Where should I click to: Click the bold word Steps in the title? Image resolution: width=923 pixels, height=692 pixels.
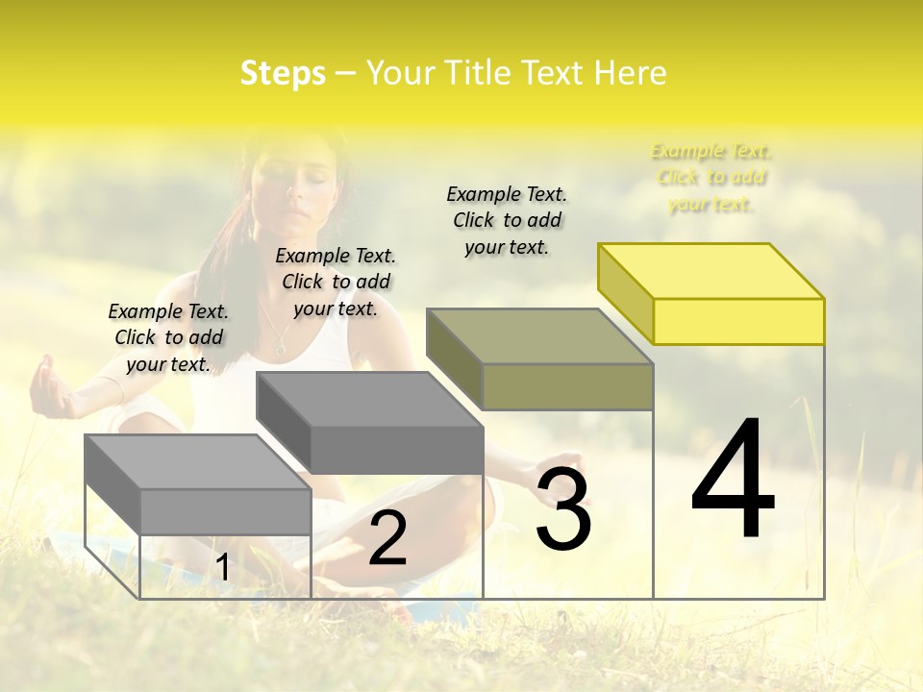pos(283,73)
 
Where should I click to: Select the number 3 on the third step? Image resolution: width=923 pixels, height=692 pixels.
pos(562,508)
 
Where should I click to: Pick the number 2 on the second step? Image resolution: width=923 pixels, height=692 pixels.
pos(387,537)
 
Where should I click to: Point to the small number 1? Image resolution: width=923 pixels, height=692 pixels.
pos(223,567)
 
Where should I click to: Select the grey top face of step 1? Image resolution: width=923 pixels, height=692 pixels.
pos(198,461)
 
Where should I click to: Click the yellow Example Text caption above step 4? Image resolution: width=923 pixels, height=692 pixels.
pos(711,178)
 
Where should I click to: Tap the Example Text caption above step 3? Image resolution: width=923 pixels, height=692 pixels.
pos(507,220)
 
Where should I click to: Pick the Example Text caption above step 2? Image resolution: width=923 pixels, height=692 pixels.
pos(336,282)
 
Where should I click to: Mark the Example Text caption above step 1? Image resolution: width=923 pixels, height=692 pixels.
pos(168,337)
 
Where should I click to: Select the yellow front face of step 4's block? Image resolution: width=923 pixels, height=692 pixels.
pos(738,321)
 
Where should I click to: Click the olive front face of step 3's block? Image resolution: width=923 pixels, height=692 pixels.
pos(567,386)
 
